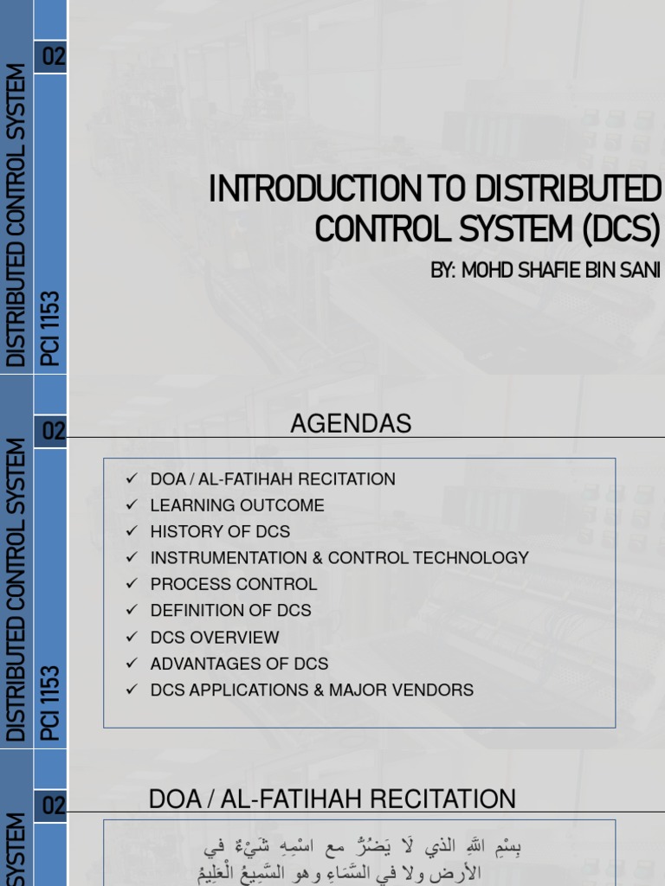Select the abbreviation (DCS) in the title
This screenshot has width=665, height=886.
[620, 229]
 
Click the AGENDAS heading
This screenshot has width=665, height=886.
[351, 424]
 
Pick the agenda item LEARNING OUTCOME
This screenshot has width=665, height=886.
[237, 505]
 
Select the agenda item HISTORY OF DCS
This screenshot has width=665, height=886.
[220, 531]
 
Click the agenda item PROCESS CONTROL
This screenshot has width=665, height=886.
[234, 584]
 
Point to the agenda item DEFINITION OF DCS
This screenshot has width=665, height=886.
[230, 610]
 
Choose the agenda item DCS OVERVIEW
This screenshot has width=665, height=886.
[215, 637]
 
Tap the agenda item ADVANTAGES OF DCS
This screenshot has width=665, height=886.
[239, 664]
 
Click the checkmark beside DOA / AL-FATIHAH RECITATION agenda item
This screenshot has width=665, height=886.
[132, 478]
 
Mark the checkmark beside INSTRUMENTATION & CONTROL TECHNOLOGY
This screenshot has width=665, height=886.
[132, 558]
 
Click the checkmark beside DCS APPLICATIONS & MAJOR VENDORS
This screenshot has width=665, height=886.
[132, 690]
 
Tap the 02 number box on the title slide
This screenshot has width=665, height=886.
[53, 58]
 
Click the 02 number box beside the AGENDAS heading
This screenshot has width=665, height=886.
[53, 431]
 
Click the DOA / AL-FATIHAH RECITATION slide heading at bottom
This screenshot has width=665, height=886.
[332, 799]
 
